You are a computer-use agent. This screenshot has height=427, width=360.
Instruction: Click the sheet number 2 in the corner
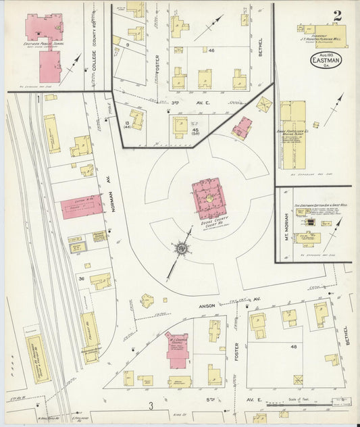(336, 16)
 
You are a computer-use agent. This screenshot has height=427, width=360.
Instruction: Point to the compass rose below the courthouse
(181, 249)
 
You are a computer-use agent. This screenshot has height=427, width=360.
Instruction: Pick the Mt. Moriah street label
(286, 232)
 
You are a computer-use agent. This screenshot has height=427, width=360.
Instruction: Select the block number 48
(293, 347)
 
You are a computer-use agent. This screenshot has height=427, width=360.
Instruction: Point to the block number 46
(211, 51)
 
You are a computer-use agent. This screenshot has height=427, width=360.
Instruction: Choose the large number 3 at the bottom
(152, 405)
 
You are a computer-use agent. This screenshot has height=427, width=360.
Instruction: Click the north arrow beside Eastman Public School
(72, 66)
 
